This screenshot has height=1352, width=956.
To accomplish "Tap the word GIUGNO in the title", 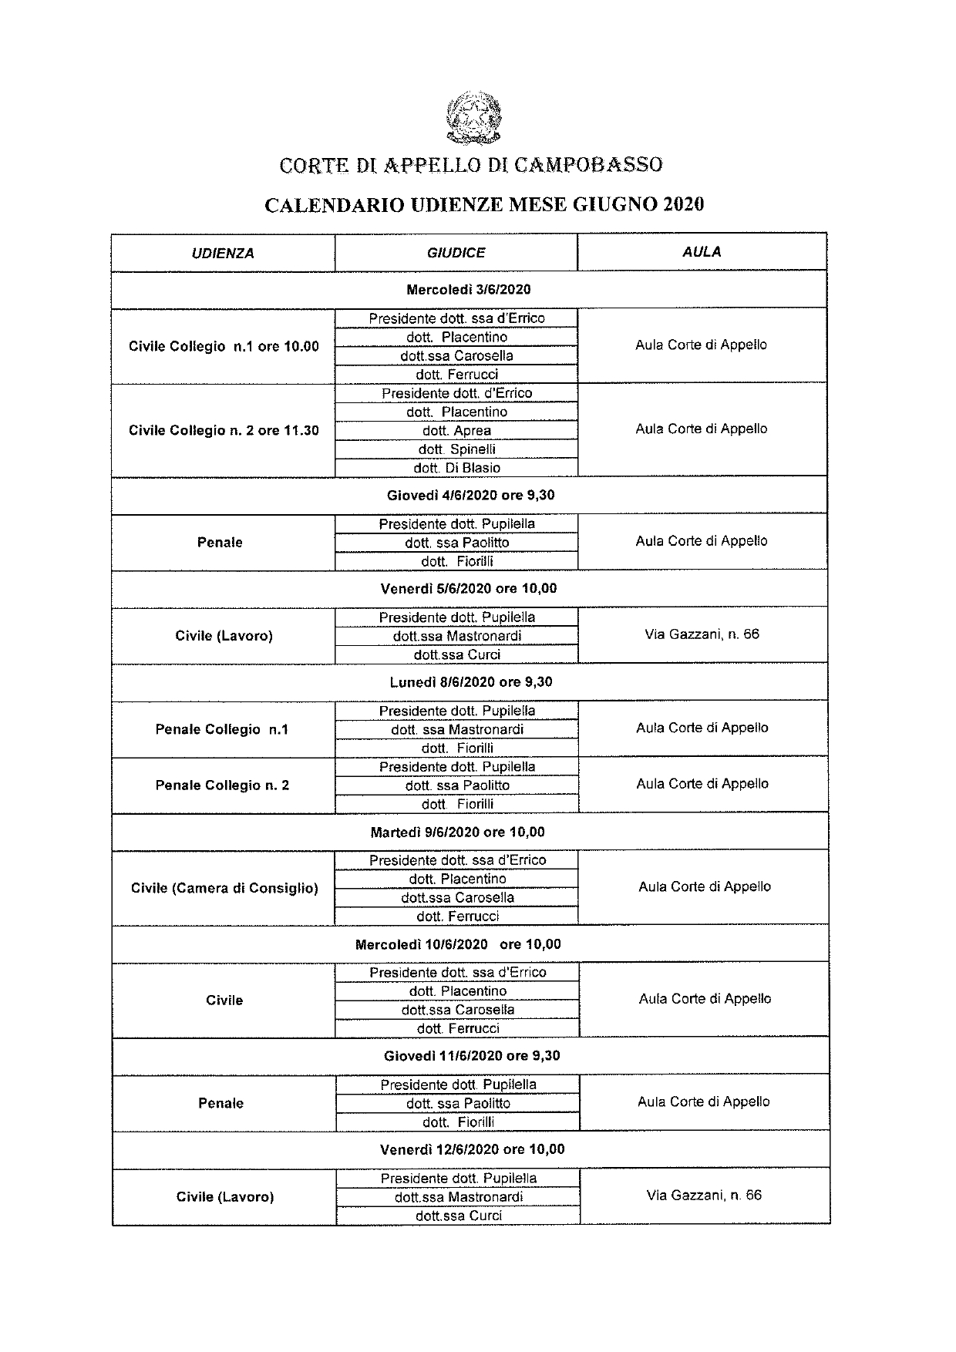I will click(x=614, y=205).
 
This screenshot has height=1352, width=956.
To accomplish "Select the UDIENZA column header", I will click(x=223, y=253).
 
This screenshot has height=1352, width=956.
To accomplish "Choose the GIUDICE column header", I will click(x=456, y=252).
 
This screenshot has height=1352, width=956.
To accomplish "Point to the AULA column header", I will click(x=702, y=251).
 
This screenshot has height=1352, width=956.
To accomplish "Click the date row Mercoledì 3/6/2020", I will click(x=468, y=290).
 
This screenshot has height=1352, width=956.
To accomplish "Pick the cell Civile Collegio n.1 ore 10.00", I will click(x=224, y=346).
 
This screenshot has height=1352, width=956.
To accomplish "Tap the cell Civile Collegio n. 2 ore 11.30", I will click(x=224, y=430).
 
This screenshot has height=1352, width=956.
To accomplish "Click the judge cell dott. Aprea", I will click(x=456, y=430).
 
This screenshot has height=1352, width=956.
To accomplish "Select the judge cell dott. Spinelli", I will click(x=456, y=449).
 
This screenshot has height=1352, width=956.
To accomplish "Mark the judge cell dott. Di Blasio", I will click(x=456, y=468).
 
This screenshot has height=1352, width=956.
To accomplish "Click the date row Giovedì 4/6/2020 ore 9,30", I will click(x=470, y=495).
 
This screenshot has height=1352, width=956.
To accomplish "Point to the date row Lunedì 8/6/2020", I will click(x=470, y=681).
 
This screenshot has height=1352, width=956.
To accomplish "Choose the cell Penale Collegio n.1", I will click(x=222, y=729).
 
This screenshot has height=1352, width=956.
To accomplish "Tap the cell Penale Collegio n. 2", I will click(x=222, y=785).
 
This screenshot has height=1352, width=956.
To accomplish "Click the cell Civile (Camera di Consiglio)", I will click(x=224, y=888).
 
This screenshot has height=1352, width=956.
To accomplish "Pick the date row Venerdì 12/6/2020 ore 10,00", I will click(x=472, y=1149).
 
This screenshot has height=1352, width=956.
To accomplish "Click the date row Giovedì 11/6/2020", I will click(x=472, y=1055).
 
